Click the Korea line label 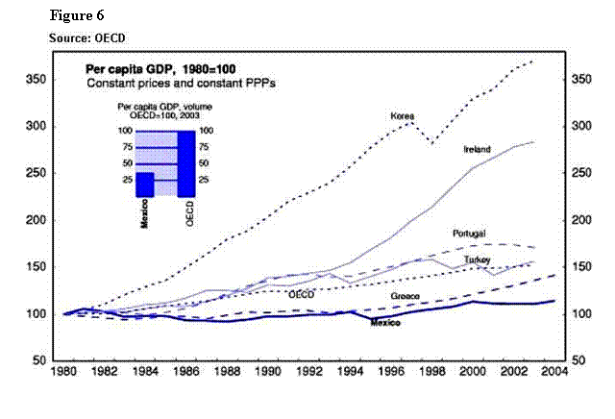click(402, 116)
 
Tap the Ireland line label click(477, 150)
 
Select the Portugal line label click(469, 234)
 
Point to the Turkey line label click(477, 259)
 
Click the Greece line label click(404, 295)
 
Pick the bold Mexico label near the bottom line click(385, 324)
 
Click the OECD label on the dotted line click(302, 294)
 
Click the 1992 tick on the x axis click(307, 371)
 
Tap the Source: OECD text click(87, 37)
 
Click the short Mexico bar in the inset click(144, 184)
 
